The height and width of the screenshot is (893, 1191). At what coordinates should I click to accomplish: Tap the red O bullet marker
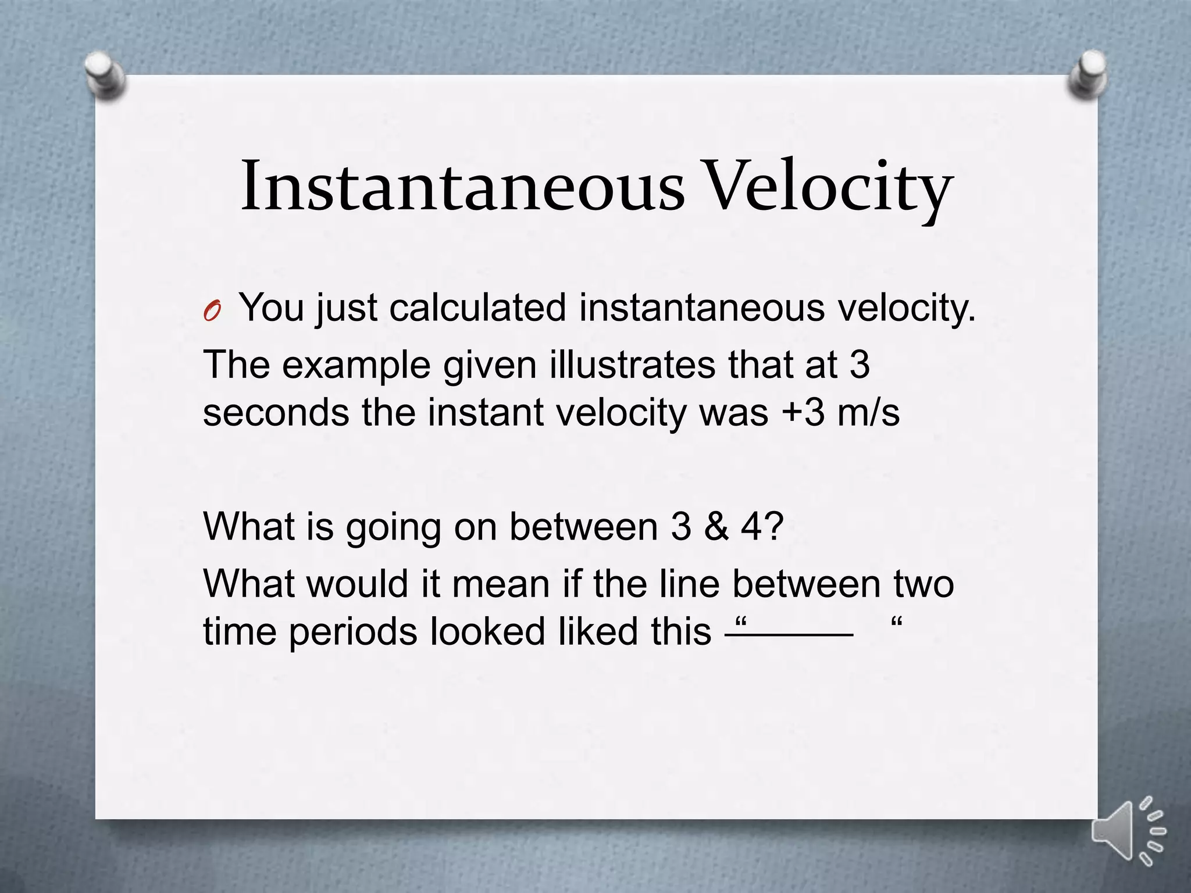coord(212,312)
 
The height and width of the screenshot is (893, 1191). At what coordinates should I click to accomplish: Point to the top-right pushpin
coord(1086,74)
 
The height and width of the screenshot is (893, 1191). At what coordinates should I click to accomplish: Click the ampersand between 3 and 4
coord(716,526)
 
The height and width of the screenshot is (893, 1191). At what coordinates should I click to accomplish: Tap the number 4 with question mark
coord(761,526)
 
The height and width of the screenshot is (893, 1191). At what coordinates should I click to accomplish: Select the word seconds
coord(276,412)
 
